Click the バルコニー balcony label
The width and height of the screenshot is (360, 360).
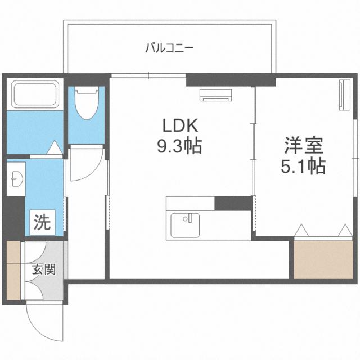pyautogui.click(x=169, y=48)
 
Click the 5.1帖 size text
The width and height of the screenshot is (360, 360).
pyautogui.click(x=304, y=166)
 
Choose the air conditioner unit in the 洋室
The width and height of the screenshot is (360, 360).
pyautogui.click(x=341, y=96)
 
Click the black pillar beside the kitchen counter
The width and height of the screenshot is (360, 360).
pyautogui.click(x=232, y=202)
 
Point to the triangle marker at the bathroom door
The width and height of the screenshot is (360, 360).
pyautogui.click(x=53, y=147)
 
